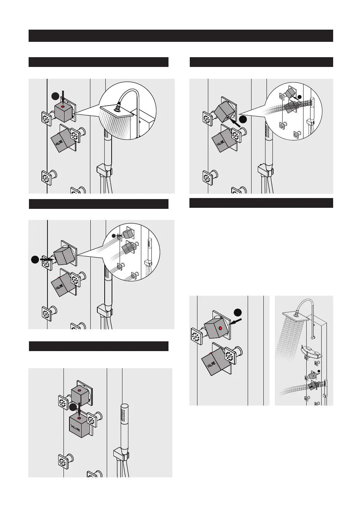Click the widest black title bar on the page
[x=181, y=36]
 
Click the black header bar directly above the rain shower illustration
[x=98, y=62]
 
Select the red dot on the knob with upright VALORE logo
[x=79, y=418]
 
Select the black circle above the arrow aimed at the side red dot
[x=238, y=312]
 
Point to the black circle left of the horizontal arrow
[x=35, y=259]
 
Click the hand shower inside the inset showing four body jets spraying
[x=150, y=249]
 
